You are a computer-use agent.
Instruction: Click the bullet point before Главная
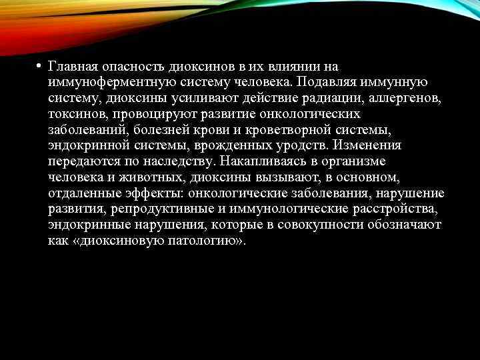pos(39,67)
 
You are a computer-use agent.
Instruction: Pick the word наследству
pos(174,162)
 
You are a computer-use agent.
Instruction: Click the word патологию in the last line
pos(202,241)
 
